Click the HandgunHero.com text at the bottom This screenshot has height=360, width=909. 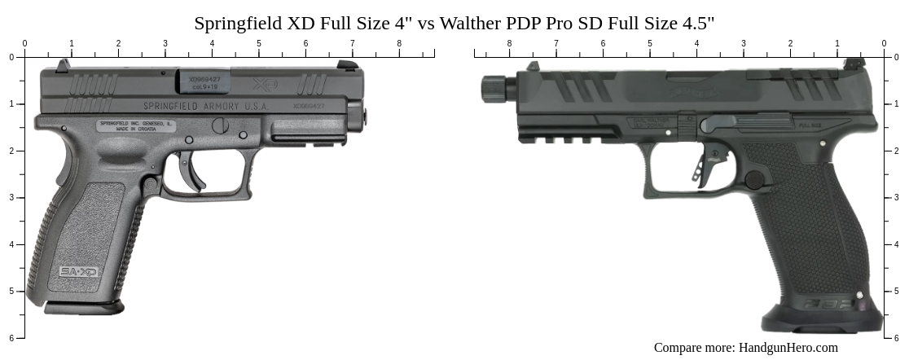point(788,348)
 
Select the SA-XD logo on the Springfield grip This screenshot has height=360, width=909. point(78,271)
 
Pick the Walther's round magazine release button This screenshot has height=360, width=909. point(754,180)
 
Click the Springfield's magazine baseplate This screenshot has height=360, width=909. point(84,307)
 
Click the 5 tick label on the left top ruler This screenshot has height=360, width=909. point(259,44)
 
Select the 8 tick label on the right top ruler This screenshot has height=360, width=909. point(510,44)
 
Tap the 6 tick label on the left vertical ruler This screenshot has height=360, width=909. point(11,338)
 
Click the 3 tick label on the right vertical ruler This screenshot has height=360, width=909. point(897,198)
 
